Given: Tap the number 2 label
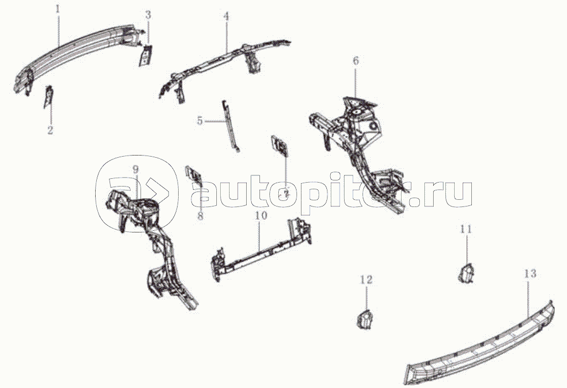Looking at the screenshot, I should [x=50, y=131].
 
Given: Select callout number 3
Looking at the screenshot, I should [x=148, y=15].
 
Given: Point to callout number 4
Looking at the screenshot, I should [x=226, y=17].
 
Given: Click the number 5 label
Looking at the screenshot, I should [x=200, y=121].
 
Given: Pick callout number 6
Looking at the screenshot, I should [x=356, y=61].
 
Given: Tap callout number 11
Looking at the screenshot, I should [x=466, y=228].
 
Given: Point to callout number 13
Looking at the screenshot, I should [x=529, y=273].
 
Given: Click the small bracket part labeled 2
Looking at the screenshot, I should [x=49, y=96].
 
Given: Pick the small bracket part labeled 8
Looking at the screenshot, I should [x=194, y=174].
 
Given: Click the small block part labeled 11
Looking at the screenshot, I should [x=466, y=272].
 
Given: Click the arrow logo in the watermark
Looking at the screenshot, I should [x=133, y=191].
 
